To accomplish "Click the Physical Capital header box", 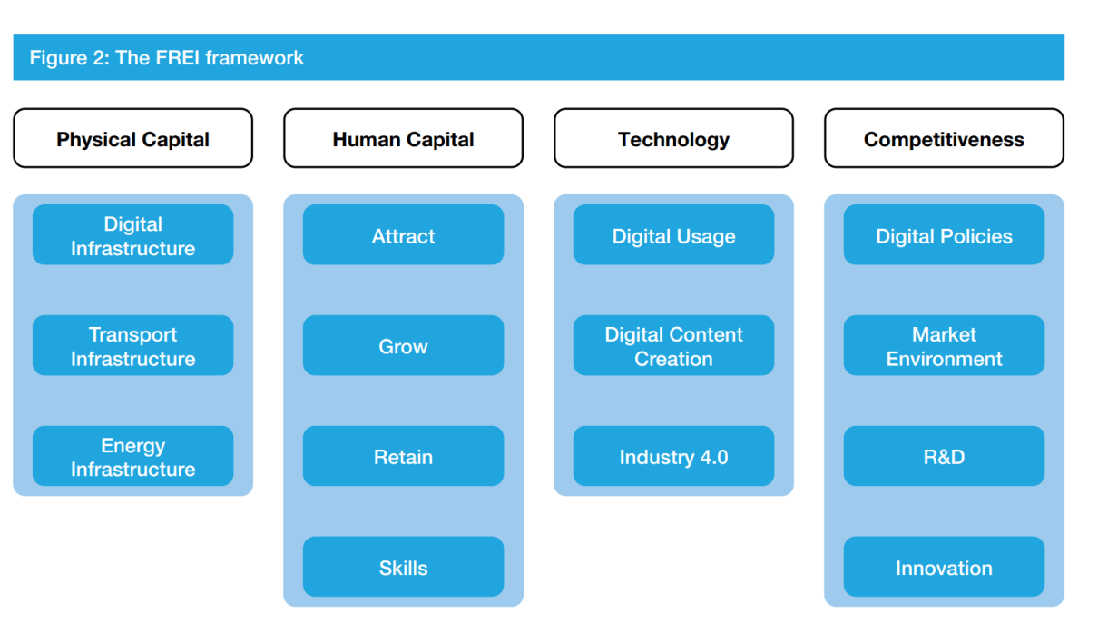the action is (x=132, y=138).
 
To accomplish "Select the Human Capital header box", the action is (x=404, y=138).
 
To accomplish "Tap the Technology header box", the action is (x=673, y=138).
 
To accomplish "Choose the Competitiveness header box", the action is (x=944, y=138).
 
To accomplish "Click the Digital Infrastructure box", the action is (x=132, y=235).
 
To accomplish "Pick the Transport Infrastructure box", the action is (x=132, y=345).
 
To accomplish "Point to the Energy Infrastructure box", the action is (x=132, y=456).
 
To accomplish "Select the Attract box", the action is (x=404, y=235).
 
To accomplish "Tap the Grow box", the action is (x=404, y=345).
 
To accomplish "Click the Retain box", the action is (x=404, y=456).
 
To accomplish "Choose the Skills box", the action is (x=404, y=567).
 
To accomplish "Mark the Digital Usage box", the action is (x=673, y=235).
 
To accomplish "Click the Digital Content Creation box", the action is (x=673, y=345).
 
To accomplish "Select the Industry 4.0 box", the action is (x=673, y=456).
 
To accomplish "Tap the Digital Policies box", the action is (x=944, y=235).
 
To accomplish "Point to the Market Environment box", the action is (x=944, y=345).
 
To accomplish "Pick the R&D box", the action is (x=944, y=456).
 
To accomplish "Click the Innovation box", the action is (x=944, y=567).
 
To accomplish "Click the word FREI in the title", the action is (x=177, y=58).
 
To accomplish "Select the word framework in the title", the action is (x=254, y=58).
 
